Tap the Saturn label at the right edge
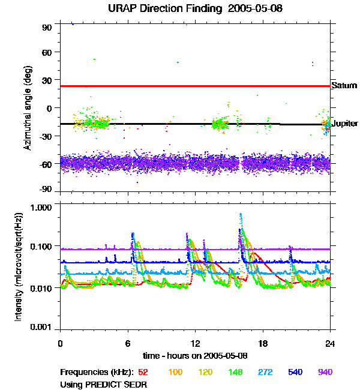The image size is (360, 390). point(344,86)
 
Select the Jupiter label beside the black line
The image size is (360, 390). point(345,124)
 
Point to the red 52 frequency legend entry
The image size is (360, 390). point(143,373)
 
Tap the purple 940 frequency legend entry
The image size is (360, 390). point(325,373)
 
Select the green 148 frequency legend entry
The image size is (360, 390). point(236,373)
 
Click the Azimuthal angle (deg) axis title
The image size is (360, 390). point(28,107)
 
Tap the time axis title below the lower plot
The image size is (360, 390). point(194,356)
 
